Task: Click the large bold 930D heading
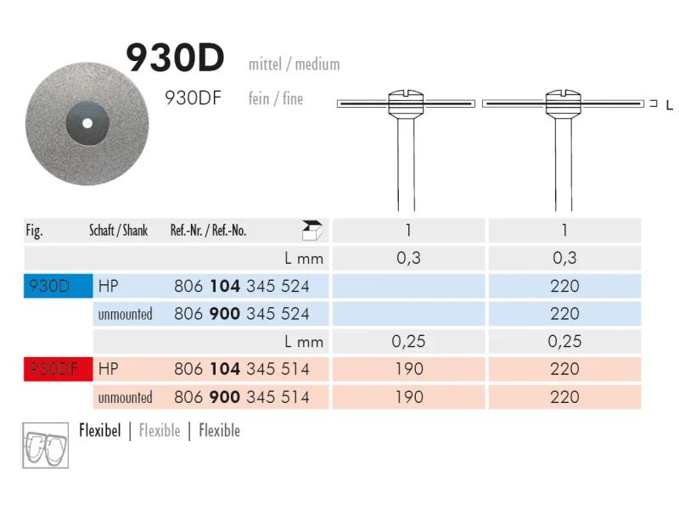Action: click(x=175, y=58)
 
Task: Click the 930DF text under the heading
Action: click(x=193, y=98)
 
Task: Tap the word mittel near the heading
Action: click(x=265, y=64)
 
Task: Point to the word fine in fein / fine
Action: click(x=293, y=98)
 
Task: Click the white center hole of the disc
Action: click(x=87, y=123)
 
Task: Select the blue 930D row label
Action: click(x=58, y=286)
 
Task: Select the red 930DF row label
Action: click(x=58, y=369)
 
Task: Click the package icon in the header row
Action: click(x=311, y=230)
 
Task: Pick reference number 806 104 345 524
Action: click(x=242, y=286)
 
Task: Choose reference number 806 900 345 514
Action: click(x=242, y=397)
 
